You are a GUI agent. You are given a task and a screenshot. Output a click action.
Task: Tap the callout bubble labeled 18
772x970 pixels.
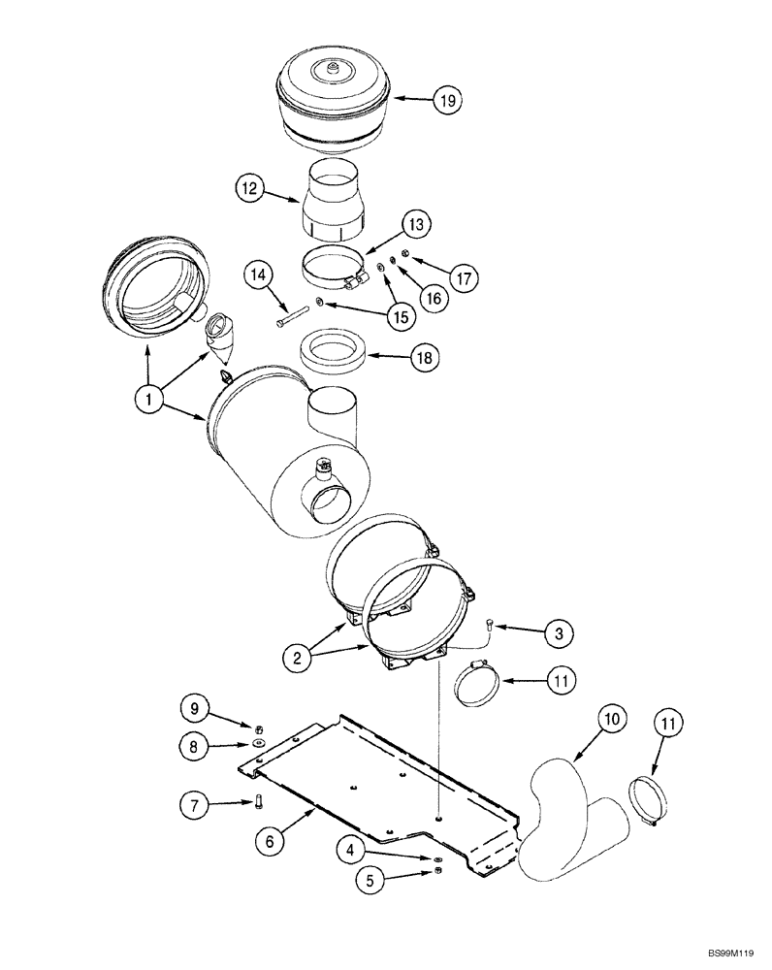[x=423, y=359]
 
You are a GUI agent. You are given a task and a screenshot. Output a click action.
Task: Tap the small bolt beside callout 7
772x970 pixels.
[x=259, y=801]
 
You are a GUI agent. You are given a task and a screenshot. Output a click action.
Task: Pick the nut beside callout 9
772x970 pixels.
[x=260, y=728]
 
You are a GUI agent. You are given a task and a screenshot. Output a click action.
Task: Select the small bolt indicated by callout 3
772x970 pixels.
[x=490, y=627]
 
